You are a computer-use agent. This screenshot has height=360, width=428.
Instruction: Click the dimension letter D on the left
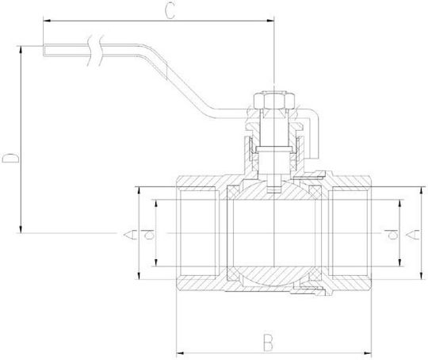point(11,158)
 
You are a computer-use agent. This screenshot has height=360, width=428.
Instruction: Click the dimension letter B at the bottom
point(268,343)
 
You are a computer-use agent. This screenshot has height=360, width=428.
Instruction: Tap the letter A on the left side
point(130,235)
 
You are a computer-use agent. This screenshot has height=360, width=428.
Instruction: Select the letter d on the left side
point(147,235)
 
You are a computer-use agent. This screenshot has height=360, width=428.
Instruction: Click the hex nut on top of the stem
point(273,100)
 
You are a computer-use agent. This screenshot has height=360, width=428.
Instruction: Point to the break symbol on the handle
point(96,51)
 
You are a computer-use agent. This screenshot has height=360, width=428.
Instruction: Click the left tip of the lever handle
point(44,50)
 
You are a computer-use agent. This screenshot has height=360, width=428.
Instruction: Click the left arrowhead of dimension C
point(47,21)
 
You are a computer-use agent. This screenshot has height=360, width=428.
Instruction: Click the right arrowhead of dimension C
point(270,21)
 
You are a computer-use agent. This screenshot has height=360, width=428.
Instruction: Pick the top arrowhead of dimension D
point(21,49)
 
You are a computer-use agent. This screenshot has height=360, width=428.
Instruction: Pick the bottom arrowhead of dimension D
point(21,229)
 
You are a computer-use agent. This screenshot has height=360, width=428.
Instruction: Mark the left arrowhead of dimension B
point(180,354)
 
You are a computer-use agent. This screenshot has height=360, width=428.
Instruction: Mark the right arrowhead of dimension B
point(368,354)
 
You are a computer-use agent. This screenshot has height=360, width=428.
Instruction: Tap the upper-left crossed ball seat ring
point(232,192)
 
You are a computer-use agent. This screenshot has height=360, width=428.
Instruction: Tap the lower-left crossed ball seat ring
point(232,274)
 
